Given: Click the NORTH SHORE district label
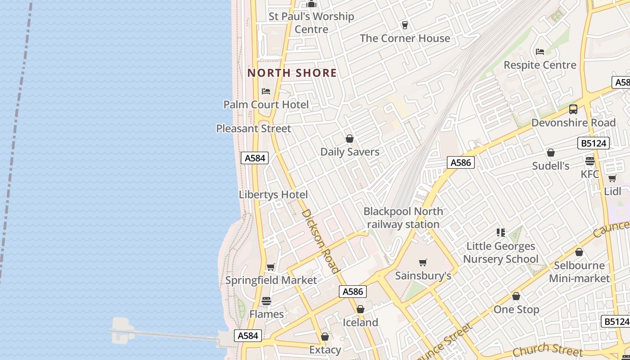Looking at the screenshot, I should tap(292, 73).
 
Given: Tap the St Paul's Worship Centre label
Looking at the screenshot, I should tap(311, 23).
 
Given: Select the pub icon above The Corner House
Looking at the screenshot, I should tap(405, 25).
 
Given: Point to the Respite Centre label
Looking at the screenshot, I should tap(540, 65).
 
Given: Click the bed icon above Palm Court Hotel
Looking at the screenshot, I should tap(266, 91).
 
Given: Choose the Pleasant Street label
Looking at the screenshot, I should tap(253, 129).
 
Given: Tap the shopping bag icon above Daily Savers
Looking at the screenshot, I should tap(350, 139).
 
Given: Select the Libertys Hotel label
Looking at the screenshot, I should tap(273, 195).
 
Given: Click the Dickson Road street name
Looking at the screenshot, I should tap(320, 241).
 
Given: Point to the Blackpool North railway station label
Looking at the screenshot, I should tap(403, 218).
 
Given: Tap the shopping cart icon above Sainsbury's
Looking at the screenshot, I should tap(423, 262).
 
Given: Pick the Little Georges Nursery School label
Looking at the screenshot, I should tap(500, 252).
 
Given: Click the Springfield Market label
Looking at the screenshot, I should tap(271, 280).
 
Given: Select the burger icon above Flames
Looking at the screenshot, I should tap(266, 301).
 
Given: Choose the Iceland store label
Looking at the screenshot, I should tap(360, 323).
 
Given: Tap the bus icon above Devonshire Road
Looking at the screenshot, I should tap(573, 109).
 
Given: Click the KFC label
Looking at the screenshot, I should tap(589, 174).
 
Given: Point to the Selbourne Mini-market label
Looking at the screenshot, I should tap(579, 272).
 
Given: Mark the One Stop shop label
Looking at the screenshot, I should tap(516, 310).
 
